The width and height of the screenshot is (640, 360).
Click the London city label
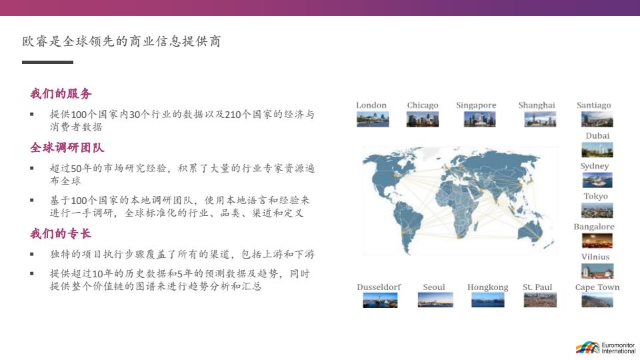coord(371,105)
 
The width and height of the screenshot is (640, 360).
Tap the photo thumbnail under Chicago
coord(423,119)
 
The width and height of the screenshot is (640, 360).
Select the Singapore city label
coord(476,105)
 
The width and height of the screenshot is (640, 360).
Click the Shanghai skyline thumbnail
coord(540,119)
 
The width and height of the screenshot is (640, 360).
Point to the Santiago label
coord(594,105)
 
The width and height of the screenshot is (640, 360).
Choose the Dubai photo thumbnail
coord(597,150)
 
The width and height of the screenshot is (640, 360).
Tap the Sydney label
coord(594,166)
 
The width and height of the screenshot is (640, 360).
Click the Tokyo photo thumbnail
coord(597,211)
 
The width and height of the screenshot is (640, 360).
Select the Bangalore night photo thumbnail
coord(597,241)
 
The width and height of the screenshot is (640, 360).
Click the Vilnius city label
coord(595,257)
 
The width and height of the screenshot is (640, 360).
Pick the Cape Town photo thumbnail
coord(597,300)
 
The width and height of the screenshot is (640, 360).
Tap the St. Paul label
coord(537,287)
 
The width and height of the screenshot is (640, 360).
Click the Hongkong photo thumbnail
coord(488,300)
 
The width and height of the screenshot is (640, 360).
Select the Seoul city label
coord(434,287)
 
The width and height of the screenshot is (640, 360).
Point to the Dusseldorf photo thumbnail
coord(380,300)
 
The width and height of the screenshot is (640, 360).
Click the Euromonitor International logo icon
coord(588,348)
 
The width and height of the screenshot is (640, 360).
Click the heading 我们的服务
coord(61,93)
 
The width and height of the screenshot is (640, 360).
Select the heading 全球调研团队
coord(67,147)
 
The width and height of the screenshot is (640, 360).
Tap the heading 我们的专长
coord(61,233)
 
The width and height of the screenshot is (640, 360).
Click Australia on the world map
coord(530,231)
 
